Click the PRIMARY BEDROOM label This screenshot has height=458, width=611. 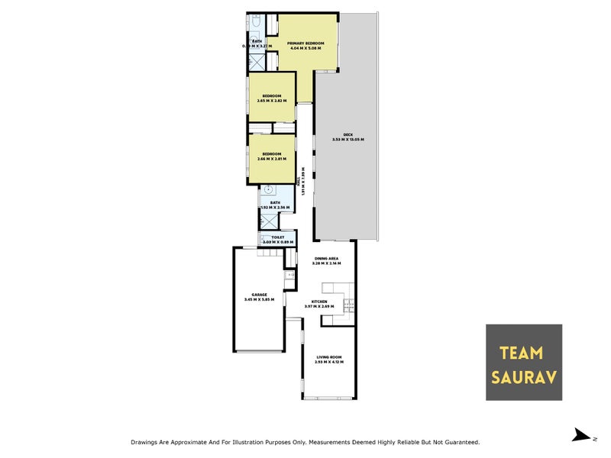pos(305,44)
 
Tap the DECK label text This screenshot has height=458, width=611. pos(348,134)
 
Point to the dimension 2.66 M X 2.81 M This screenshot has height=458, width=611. pos(272,159)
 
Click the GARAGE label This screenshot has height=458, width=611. pos(260,294)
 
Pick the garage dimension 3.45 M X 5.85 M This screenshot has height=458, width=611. pos(260,299)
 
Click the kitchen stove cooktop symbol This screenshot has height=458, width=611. pos(350,305)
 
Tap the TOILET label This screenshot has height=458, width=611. pos(277,237)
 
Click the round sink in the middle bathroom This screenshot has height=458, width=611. pos(270,194)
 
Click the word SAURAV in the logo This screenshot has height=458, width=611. pos(524,377)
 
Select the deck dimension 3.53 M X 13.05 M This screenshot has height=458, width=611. pos(348,140)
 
